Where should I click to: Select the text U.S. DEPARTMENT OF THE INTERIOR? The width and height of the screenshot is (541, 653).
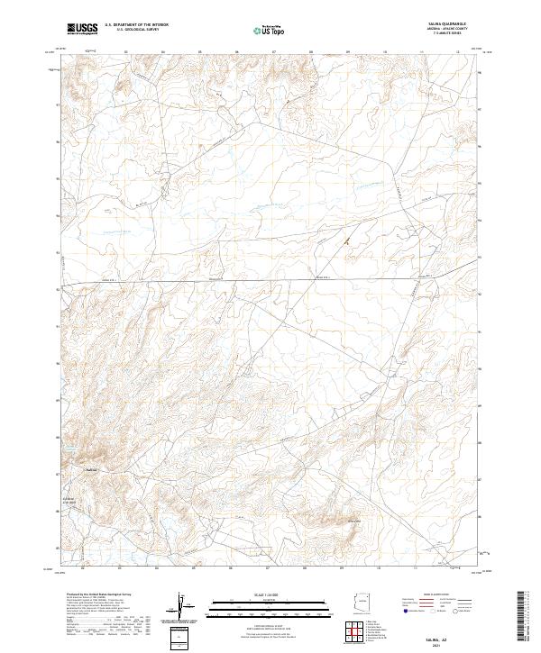(136, 24)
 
